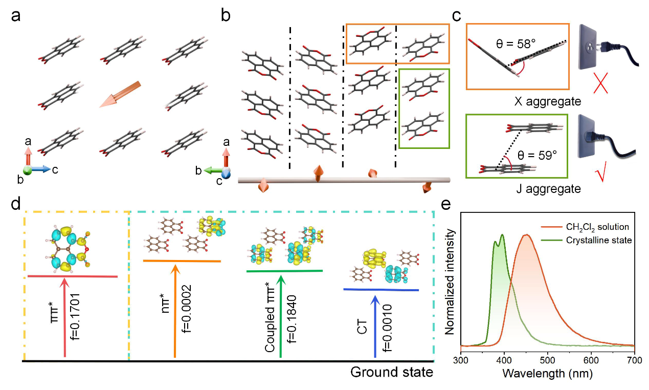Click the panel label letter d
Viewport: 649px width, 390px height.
click(x=16, y=205)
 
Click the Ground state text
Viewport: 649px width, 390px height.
click(x=391, y=372)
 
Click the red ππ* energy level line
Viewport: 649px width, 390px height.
click(x=73, y=276)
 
